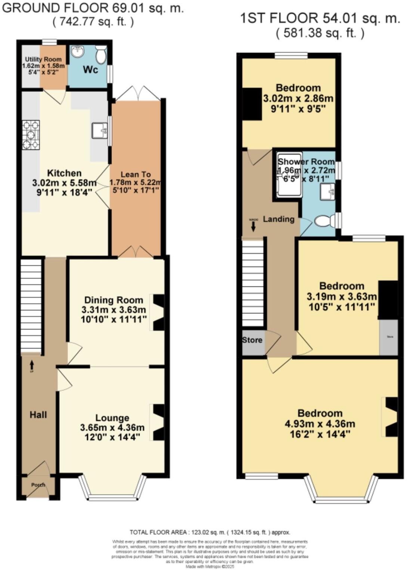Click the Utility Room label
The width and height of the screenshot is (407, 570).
(x=43, y=59)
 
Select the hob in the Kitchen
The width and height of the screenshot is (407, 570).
(x=31, y=134)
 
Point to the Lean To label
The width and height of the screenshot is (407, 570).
(x=136, y=174)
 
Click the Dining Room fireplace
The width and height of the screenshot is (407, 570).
(x=158, y=312)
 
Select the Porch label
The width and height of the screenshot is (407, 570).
(x=38, y=485)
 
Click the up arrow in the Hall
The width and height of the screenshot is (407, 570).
(x=31, y=363)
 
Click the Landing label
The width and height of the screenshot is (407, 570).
(x=279, y=219)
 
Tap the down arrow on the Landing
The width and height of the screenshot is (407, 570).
(x=254, y=226)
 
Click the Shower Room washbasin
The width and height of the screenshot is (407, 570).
(x=327, y=192)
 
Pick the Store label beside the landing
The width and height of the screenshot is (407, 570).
(x=252, y=340)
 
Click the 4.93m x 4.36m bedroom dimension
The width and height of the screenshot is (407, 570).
(x=320, y=424)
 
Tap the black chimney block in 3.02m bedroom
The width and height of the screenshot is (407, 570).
(x=252, y=104)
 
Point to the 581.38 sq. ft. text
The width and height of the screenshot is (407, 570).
(x=320, y=33)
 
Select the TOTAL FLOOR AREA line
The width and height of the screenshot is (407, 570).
(x=209, y=532)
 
